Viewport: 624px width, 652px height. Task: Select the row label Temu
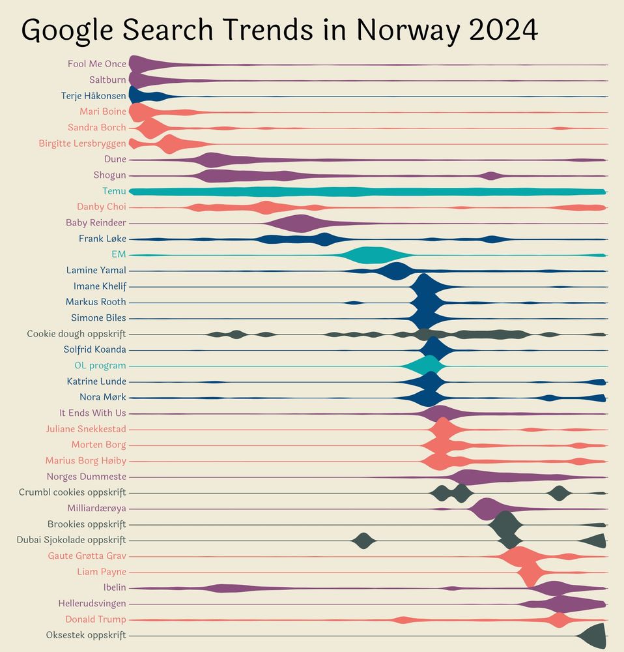tap(114, 191)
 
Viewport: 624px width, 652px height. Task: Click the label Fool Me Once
tap(97, 64)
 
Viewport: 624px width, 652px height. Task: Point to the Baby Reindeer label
tap(96, 222)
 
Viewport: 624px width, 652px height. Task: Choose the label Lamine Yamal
tap(96, 270)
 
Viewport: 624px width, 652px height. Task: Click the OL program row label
tap(100, 365)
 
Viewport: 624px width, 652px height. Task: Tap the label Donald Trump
tap(96, 619)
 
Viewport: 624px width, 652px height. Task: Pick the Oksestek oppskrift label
tap(86, 635)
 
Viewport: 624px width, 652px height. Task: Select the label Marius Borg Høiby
tap(85, 461)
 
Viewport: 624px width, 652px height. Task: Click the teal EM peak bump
tap(368, 255)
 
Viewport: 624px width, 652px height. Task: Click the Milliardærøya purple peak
tap(486, 509)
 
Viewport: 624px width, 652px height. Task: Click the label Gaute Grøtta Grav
tap(87, 556)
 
